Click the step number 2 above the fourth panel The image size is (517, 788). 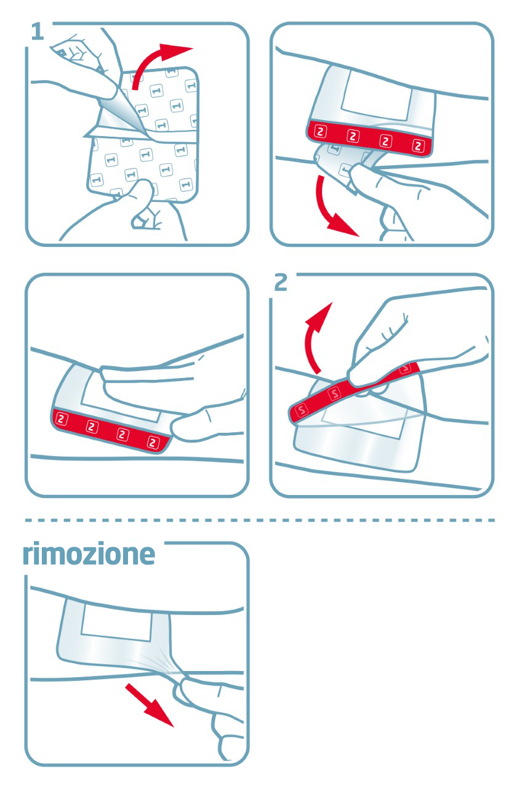click(281, 283)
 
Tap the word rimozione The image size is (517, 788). click(89, 555)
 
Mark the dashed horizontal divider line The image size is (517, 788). click(258, 520)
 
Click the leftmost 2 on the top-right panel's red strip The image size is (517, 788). click(320, 131)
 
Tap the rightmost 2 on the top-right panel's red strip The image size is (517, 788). click(419, 146)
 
